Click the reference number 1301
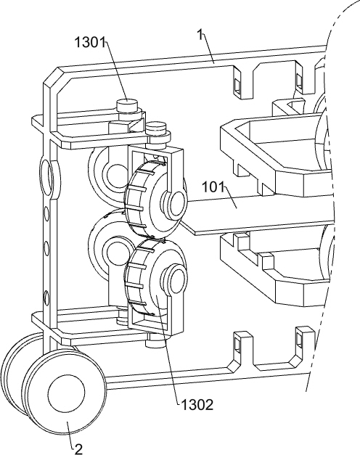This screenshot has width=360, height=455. pos(90,43)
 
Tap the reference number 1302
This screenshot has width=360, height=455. pos(197,404)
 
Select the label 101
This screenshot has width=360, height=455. pos(213,187)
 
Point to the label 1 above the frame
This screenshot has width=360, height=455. pos(200,35)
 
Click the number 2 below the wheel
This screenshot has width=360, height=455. pos(78,449)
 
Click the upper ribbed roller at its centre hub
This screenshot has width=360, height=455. pos(176,203)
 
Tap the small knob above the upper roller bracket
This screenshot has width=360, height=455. pos(156,128)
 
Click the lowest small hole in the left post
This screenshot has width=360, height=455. pos(46,298)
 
